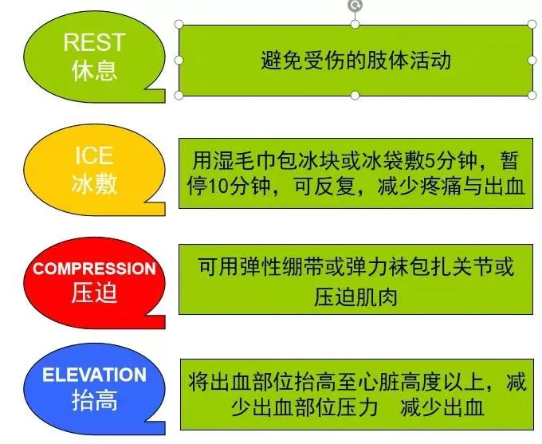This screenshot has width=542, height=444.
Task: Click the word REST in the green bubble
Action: pos(94,42)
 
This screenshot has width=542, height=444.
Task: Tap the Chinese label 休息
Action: pos(94,70)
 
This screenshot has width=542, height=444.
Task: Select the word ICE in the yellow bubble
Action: pos(94,155)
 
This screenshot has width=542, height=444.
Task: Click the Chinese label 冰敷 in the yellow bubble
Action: pos(94,183)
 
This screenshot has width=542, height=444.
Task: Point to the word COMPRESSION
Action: pos(94,269)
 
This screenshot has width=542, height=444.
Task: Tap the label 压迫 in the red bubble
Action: pos(94,293)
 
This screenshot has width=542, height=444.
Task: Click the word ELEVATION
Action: pos(94,375)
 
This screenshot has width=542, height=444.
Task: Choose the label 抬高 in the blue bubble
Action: pos(94,400)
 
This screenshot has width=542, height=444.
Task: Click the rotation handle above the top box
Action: pos(355,6)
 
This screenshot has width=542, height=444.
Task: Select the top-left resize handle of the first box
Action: pos(179,25)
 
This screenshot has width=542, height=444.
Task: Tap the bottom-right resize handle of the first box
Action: pos(532,95)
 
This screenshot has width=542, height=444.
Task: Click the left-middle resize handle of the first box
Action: pos(179,60)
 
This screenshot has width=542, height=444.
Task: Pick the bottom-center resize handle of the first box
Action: pos(355,95)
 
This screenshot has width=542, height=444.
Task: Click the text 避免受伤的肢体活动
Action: pos(356,61)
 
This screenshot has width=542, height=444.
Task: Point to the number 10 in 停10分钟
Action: pos(220,187)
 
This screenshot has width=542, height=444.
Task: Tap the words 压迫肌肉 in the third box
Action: pos(355,297)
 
